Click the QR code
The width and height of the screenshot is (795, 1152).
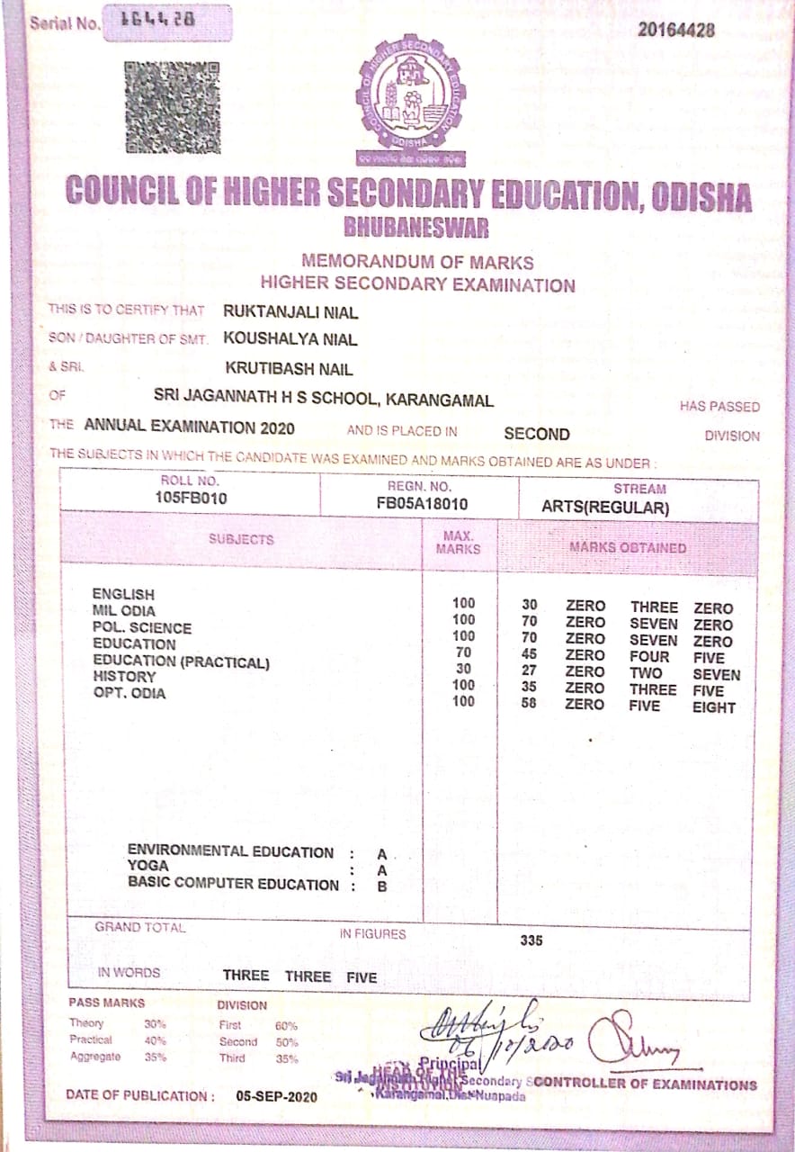click(x=172, y=105)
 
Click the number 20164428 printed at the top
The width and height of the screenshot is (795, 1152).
click(x=676, y=30)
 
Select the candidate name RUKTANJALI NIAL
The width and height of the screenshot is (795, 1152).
click(x=290, y=313)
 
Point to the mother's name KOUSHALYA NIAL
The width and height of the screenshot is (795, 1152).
click(x=290, y=339)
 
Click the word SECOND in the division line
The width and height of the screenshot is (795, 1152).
click(x=536, y=434)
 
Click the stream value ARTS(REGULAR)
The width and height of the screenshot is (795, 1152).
click(x=605, y=508)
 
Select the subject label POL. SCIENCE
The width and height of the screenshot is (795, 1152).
click(x=142, y=627)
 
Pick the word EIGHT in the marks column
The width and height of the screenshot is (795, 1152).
click(x=713, y=707)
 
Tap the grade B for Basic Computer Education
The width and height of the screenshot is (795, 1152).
click(x=381, y=886)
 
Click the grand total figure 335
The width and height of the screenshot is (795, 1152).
click(x=532, y=941)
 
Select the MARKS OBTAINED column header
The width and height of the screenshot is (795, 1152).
click(x=627, y=546)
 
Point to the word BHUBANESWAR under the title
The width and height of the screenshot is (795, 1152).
click(x=415, y=228)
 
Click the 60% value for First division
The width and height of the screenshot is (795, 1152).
click(x=286, y=1025)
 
